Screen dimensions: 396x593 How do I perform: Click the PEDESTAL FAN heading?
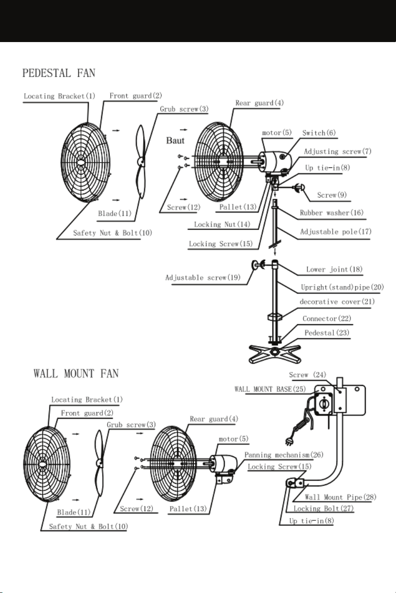(x=59, y=73)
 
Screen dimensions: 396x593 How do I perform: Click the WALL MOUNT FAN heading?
(x=76, y=374)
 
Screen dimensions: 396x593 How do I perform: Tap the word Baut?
(x=175, y=140)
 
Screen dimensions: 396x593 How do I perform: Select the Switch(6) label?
(x=319, y=133)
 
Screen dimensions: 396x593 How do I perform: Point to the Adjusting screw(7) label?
(x=337, y=151)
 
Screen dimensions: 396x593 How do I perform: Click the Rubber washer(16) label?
(x=331, y=213)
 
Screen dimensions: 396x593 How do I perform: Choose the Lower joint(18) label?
(x=334, y=269)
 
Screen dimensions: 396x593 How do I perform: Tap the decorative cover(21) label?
(x=337, y=302)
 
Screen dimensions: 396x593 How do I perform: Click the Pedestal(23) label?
(x=327, y=332)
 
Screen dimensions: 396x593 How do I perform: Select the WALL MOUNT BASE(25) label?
(x=270, y=389)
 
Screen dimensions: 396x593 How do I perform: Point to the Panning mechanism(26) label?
(x=284, y=455)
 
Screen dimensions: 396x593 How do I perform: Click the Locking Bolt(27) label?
(x=324, y=508)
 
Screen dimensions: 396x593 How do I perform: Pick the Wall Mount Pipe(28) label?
(x=341, y=497)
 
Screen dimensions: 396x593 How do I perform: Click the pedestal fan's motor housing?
(x=274, y=162)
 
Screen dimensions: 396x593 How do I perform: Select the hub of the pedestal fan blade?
(x=141, y=161)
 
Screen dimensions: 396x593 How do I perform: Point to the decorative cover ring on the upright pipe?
(x=275, y=317)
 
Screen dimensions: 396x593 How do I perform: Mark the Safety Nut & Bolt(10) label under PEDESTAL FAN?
(x=113, y=233)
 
